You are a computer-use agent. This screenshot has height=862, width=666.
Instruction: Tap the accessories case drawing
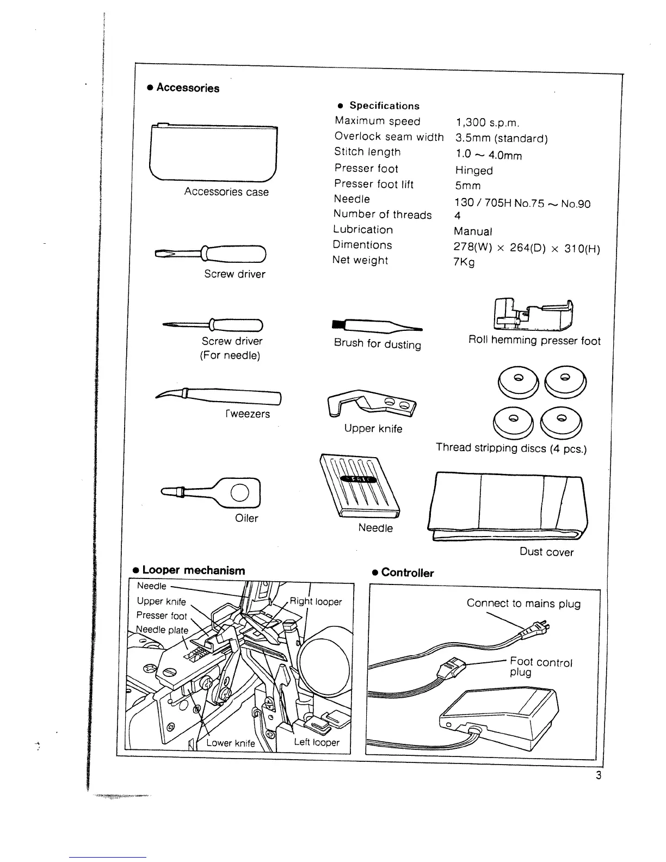tap(213, 153)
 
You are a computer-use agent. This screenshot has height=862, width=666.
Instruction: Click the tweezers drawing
tap(218, 397)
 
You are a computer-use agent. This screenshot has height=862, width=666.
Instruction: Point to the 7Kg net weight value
tap(464, 262)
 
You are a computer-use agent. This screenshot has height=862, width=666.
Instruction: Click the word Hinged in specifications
tap(474, 170)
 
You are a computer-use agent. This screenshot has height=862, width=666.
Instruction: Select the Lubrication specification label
tap(363, 230)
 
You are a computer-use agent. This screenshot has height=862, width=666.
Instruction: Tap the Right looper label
tap(316, 601)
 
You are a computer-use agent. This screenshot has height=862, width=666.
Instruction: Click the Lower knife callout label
tap(230, 743)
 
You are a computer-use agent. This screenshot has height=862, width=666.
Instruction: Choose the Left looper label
tap(317, 742)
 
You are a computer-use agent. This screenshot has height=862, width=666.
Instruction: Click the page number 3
tap(599, 775)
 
